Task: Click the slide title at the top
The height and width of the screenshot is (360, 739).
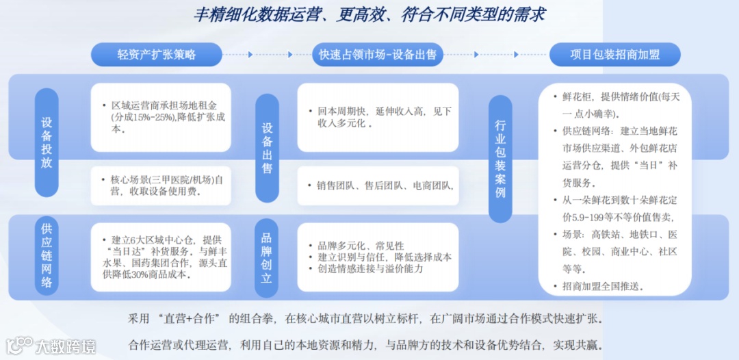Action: point(369,14)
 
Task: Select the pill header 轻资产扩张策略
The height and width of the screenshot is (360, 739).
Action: point(156,55)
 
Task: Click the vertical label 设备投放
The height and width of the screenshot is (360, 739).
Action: point(47,142)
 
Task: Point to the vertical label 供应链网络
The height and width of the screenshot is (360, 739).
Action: point(47,254)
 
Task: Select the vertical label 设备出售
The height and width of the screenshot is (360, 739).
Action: point(267,147)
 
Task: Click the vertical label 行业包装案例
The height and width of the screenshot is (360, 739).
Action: point(500,158)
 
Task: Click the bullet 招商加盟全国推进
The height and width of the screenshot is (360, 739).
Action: point(603,285)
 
